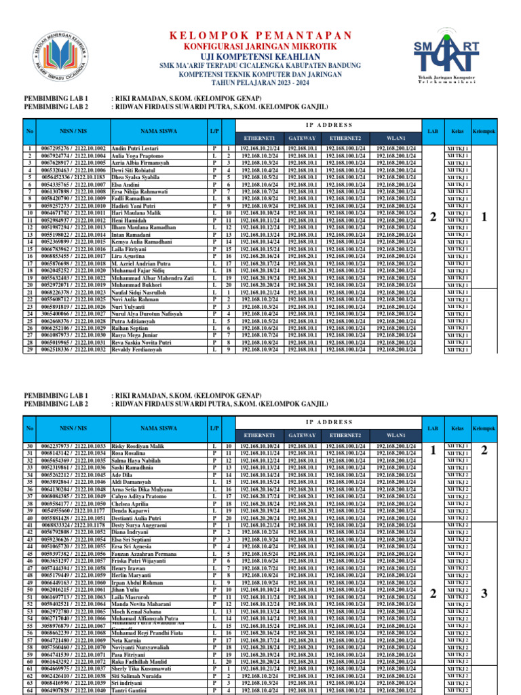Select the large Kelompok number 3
pos(484,575)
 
